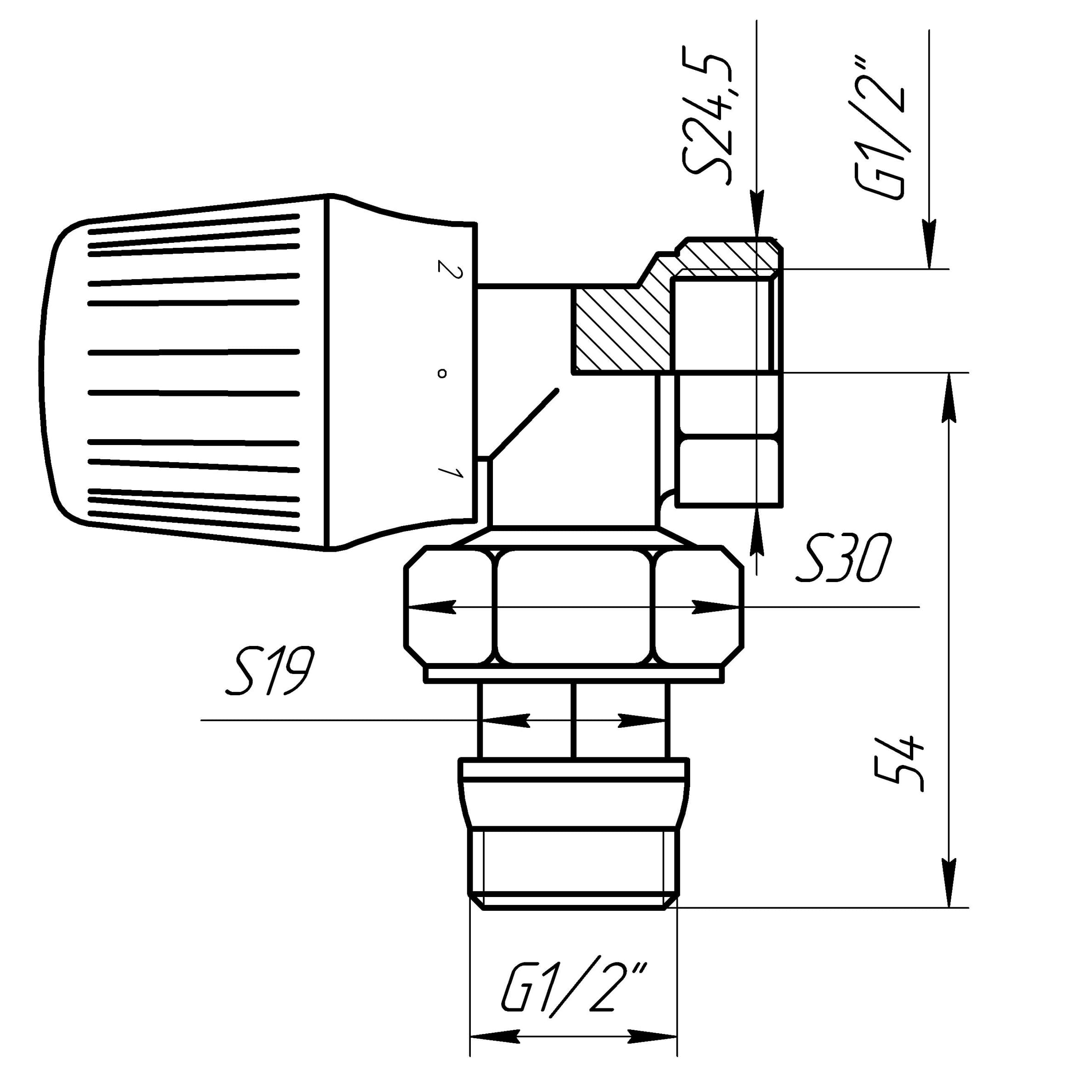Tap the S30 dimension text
pos(844,558)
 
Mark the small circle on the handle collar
pos(442,373)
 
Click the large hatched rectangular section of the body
pos(621,329)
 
